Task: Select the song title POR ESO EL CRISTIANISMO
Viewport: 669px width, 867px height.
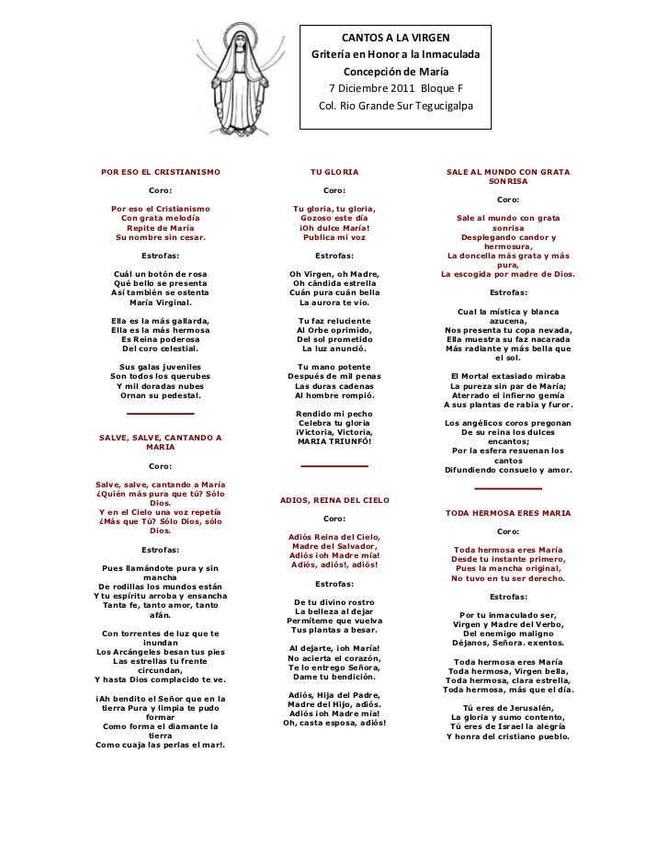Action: pos(160,172)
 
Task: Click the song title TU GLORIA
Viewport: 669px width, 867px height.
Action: pos(334,172)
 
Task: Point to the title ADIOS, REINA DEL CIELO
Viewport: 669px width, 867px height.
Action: pos(334,500)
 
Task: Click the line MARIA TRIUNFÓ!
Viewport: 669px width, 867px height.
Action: pos(334,442)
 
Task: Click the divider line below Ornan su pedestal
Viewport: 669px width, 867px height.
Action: pos(160,415)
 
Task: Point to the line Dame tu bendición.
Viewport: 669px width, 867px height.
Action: pos(334,678)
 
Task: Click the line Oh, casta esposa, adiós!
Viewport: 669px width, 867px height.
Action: pos(334,723)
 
